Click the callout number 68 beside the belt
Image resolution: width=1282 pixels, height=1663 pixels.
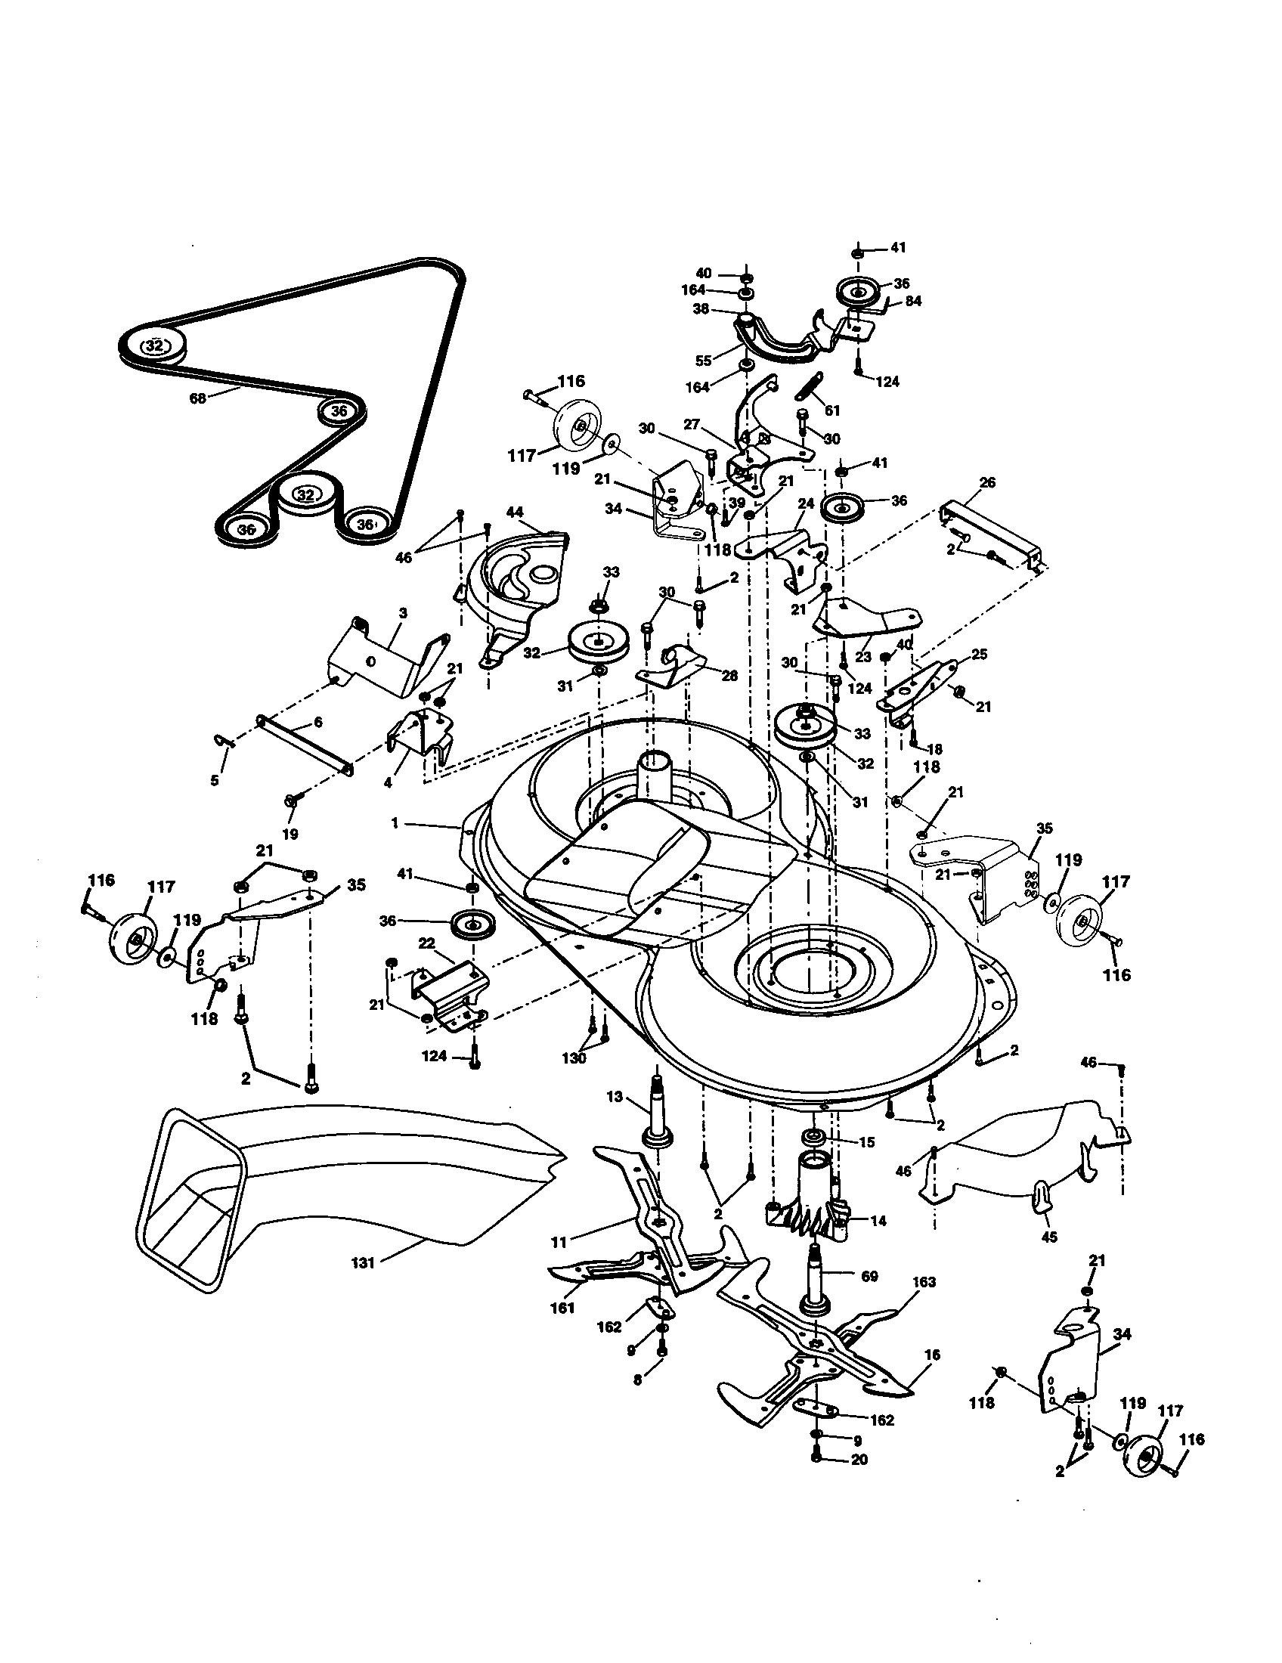[x=197, y=398]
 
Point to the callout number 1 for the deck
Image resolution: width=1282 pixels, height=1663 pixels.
[x=395, y=824]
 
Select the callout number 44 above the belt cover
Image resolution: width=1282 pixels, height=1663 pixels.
[x=515, y=513]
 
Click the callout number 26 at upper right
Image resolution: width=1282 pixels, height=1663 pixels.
[x=987, y=483]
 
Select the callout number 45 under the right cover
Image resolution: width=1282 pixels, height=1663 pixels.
[x=1049, y=1237]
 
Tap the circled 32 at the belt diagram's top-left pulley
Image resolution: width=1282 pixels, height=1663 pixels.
[x=154, y=345]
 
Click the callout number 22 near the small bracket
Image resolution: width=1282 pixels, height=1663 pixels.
[x=426, y=944]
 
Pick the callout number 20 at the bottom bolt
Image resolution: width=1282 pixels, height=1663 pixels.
[x=859, y=1460]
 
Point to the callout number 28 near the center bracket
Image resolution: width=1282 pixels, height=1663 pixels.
[x=729, y=675]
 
